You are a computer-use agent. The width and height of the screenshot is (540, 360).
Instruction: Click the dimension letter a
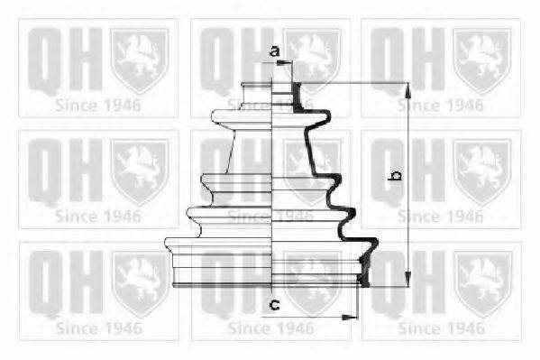click(x=274, y=51)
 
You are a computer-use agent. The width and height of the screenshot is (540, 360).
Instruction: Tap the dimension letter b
click(x=395, y=175)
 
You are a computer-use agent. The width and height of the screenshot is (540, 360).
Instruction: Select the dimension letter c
click(x=274, y=304)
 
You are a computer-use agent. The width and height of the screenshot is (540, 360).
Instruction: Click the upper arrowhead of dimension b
click(x=407, y=91)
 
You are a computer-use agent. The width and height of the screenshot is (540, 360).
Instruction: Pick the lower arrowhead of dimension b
click(x=407, y=279)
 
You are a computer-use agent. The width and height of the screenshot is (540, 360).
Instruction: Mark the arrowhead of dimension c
click(x=350, y=317)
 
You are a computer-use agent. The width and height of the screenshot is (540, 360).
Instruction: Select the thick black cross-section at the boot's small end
click(x=297, y=97)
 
